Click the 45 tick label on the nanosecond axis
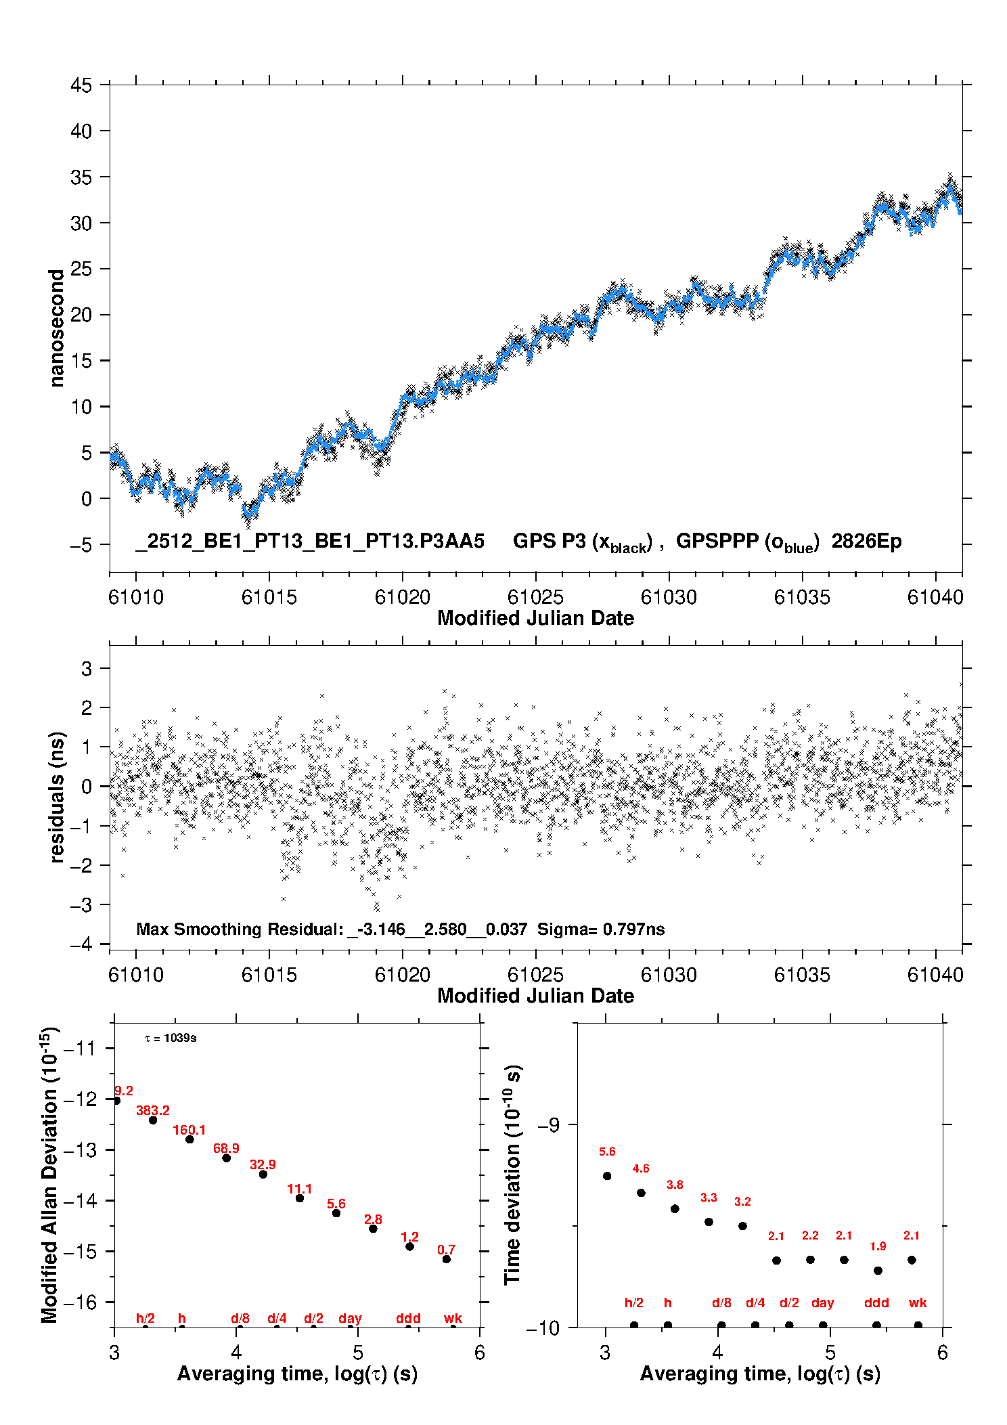pyautogui.click(x=81, y=86)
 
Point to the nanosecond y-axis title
pyautogui.click(x=57, y=328)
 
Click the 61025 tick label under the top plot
pyautogui.click(x=535, y=597)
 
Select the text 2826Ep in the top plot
pyautogui.click(x=866, y=542)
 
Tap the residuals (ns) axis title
pyautogui.click(x=57, y=797)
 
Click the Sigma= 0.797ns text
pyautogui.click(x=601, y=929)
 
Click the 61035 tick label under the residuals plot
pyautogui.click(x=802, y=975)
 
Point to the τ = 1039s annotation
pyautogui.click(x=171, y=1038)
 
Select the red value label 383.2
pyautogui.click(x=153, y=1110)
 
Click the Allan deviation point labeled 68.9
pyautogui.click(x=227, y=1158)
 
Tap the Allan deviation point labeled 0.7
pyautogui.click(x=447, y=1259)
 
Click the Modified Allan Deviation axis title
pyautogui.click(x=49, y=1175)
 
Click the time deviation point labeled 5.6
pyautogui.click(x=607, y=1176)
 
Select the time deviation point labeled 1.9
pyautogui.click(x=878, y=1271)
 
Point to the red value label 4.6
pyautogui.click(x=641, y=1168)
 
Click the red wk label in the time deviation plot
pyautogui.click(x=918, y=1302)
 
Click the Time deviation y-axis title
pyautogui.click(x=512, y=1175)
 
